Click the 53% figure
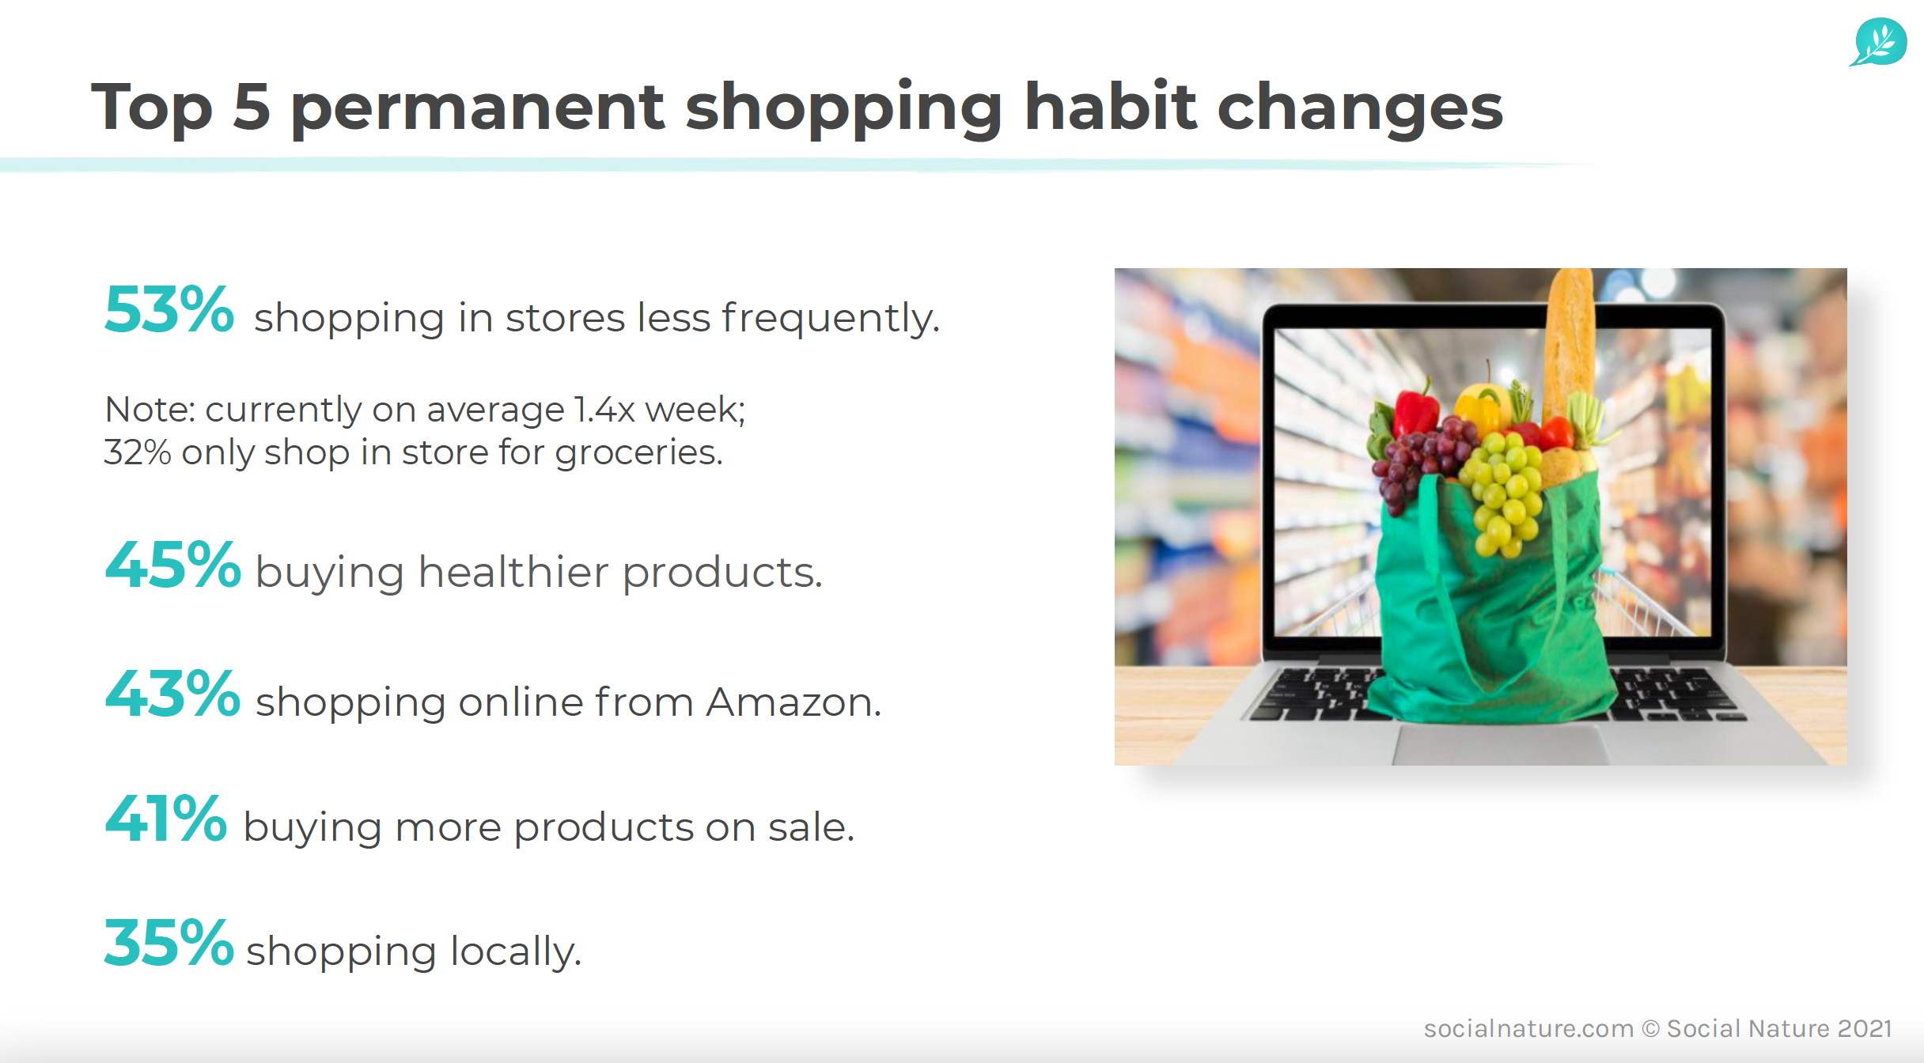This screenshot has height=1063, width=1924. click(169, 309)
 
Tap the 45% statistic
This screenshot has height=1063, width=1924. click(172, 565)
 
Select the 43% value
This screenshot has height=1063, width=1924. click(172, 694)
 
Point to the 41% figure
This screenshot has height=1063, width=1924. click(166, 819)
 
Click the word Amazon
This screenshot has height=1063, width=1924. click(793, 702)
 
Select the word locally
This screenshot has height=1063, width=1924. click(516, 952)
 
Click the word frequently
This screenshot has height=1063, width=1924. click(830, 319)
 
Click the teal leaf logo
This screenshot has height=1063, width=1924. click(1879, 42)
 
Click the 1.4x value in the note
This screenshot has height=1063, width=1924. click(604, 410)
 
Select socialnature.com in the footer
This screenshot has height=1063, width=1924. click(1528, 1028)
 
